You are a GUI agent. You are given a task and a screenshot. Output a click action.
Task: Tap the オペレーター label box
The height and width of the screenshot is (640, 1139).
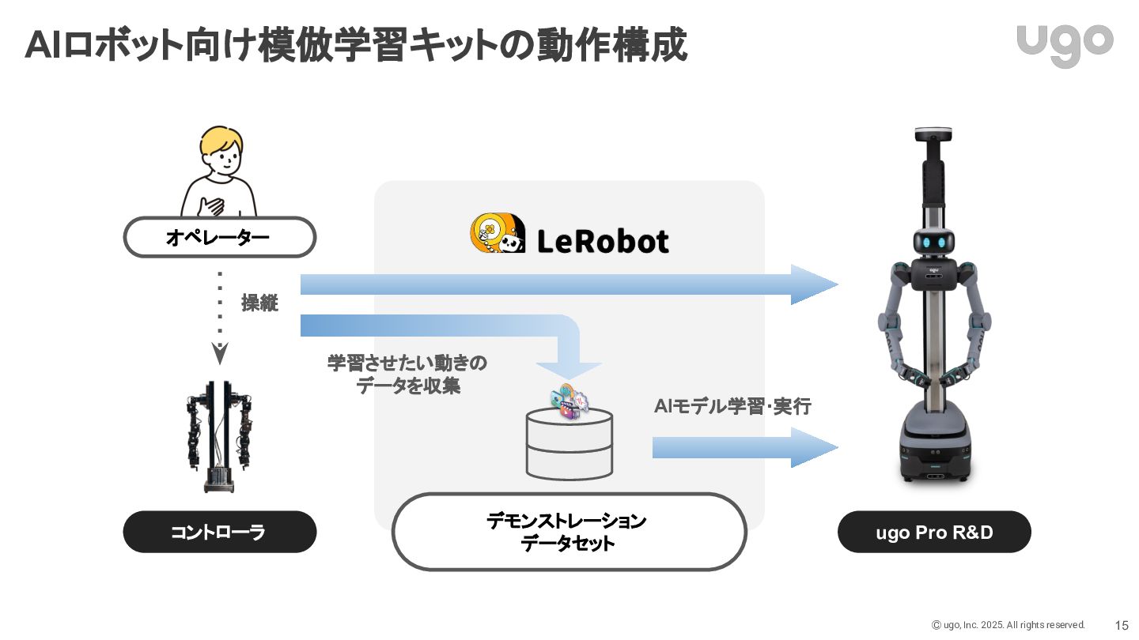[x=219, y=237]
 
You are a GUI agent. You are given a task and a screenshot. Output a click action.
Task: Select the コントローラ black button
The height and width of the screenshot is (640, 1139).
[x=219, y=532]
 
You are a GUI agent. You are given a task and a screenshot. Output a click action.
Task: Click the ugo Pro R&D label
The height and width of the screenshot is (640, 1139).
[x=934, y=532]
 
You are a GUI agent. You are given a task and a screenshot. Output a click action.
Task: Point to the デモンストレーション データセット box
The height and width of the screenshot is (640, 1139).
[x=569, y=532]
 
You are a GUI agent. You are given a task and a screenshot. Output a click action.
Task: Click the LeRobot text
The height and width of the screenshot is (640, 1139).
[x=603, y=241]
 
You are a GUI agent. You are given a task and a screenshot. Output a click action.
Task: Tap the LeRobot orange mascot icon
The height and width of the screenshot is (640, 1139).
[x=497, y=234]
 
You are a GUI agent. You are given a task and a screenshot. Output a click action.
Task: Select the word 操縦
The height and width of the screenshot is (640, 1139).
[x=259, y=303]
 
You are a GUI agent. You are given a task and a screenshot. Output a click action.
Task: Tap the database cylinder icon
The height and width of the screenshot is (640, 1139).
[x=569, y=445]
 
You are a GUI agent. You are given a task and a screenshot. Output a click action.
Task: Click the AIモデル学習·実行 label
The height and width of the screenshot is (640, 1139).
[x=732, y=407]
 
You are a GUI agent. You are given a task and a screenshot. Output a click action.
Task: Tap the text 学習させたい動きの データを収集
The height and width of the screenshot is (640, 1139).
[x=407, y=375]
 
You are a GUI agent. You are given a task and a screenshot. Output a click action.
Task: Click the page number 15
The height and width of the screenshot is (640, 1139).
[x=1122, y=625]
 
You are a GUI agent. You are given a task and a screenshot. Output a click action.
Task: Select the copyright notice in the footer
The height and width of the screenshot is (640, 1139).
[x=1008, y=625]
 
